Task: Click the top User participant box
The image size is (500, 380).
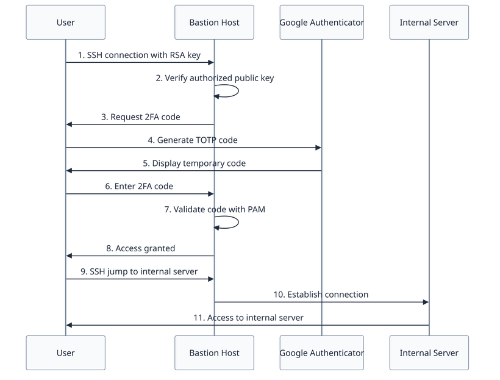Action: pyautogui.click(x=65, y=23)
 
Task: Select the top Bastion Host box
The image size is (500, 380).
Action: pyautogui.click(x=214, y=23)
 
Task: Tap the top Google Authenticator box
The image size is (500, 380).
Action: pyautogui.click(x=321, y=23)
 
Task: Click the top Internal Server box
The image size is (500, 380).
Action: pyautogui.click(x=429, y=23)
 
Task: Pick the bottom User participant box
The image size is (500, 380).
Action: pyautogui.click(x=65, y=353)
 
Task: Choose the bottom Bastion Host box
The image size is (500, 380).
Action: pyautogui.click(x=214, y=353)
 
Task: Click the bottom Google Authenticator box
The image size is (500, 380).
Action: pyautogui.click(x=321, y=353)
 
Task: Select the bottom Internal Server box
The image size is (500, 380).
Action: pyautogui.click(x=429, y=353)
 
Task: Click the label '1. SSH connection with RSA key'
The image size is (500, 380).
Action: pyautogui.click(x=140, y=56)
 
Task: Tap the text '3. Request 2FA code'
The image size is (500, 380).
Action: pyautogui.click(x=140, y=117)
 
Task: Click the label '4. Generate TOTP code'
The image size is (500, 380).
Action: pyautogui.click(x=193, y=140)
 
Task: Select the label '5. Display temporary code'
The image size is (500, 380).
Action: pyautogui.click(x=194, y=163)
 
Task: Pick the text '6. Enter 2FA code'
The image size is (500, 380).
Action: pyautogui.click(x=140, y=187)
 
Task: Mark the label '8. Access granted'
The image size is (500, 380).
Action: pyautogui.click(x=140, y=248)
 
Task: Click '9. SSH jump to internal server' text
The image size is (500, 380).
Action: pyautogui.click(x=140, y=271)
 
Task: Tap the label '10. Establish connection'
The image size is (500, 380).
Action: pyautogui.click(x=321, y=295)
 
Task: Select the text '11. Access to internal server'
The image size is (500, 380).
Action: pyautogui.click(x=248, y=318)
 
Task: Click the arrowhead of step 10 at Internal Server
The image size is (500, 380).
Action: pyautogui.click(x=426, y=302)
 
